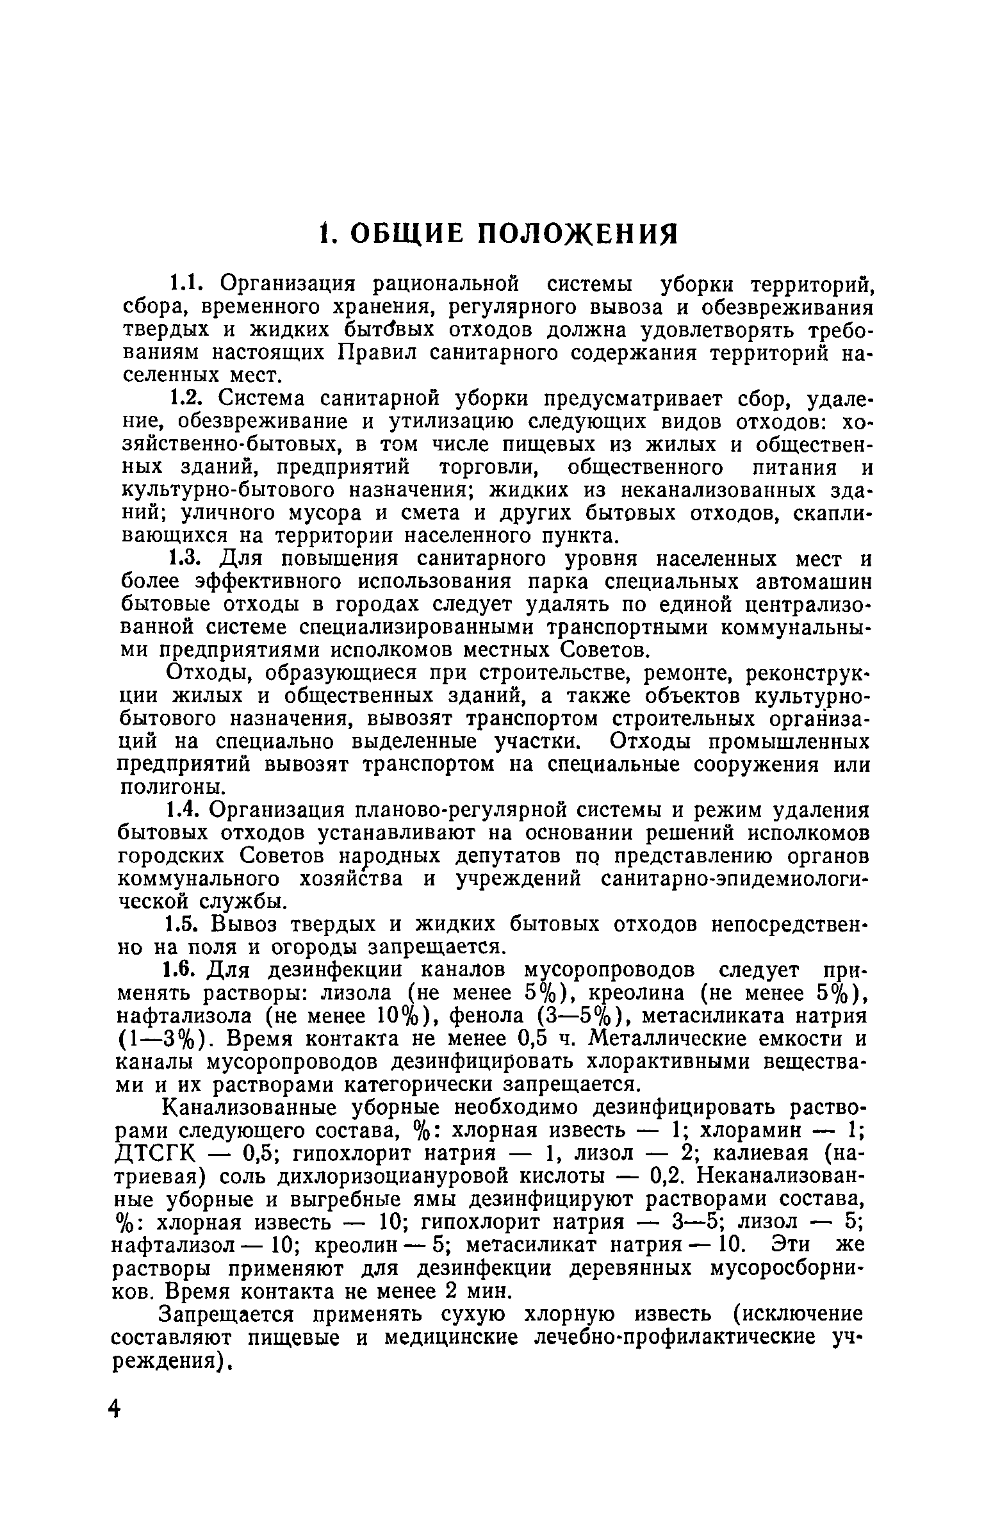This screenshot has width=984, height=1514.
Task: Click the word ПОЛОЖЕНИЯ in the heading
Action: point(578,235)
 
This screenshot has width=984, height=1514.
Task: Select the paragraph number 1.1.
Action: point(186,283)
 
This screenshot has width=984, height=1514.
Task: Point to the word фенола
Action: point(480,1017)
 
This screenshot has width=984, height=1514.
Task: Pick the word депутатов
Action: point(509,857)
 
